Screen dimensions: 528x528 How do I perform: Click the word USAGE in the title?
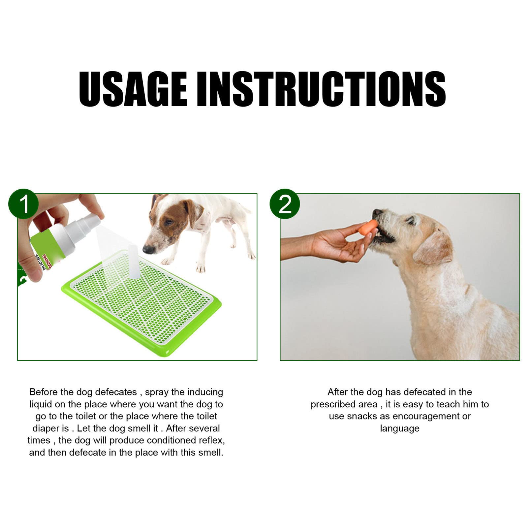[x=133, y=89]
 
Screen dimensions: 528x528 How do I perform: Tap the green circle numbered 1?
[x=23, y=204]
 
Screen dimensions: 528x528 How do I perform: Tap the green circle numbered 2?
[x=285, y=204]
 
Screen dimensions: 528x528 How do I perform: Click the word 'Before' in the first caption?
[x=44, y=392]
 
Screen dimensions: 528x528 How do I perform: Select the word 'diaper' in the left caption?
[x=46, y=428]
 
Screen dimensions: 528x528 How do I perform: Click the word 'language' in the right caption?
[x=399, y=428]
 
